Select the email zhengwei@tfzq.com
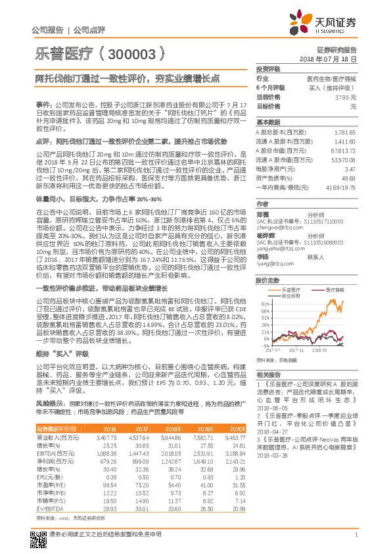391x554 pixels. [274, 209]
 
